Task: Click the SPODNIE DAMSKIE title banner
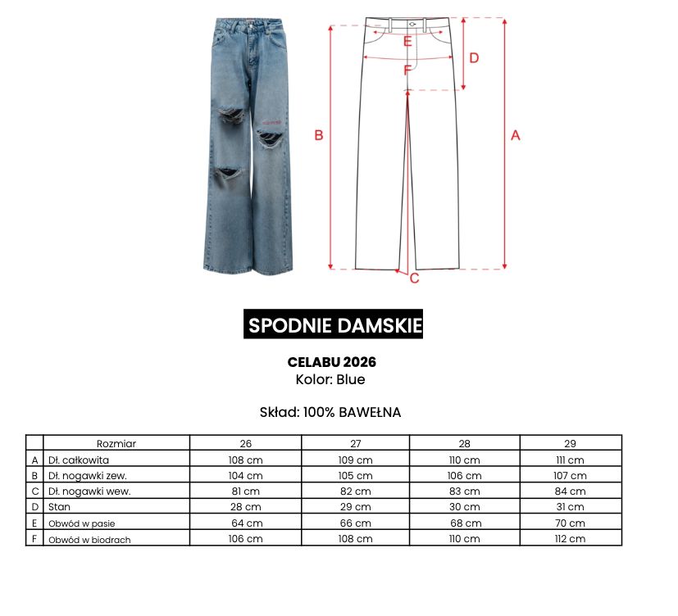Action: pyautogui.click(x=334, y=325)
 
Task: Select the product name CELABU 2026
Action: pyautogui.click(x=331, y=361)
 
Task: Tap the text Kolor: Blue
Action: pyautogui.click(x=330, y=380)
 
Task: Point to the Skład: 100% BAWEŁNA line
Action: pyautogui.click(x=330, y=412)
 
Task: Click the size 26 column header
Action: pyautogui.click(x=245, y=443)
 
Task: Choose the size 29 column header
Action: pyautogui.click(x=571, y=443)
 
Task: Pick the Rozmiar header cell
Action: pyautogui.click(x=116, y=443)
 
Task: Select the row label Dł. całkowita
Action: pyautogui.click(x=79, y=460)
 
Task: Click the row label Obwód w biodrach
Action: pyautogui.click(x=89, y=539)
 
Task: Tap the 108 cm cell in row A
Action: pyautogui.click(x=245, y=460)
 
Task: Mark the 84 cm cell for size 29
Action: pyautogui.click(x=571, y=491)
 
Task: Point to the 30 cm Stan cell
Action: pyautogui.click(x=464, y=507)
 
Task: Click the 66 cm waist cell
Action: pyautogui.click(x=355, y=523)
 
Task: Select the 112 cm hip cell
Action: pyautogui.click(x=571, y=539)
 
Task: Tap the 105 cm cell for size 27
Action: pyautogui.click(x=355, y=475)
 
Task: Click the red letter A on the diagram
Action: pyautogui.click(x=516, y=136)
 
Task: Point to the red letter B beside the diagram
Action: pyautogui.click(x=319, y=136)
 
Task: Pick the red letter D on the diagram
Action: pyautogui.click(x=474, y=57)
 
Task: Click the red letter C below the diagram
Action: pyautogui.click(x=415, y=279)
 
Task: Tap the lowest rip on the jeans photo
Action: pyautogui.click(x=228, y=174)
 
